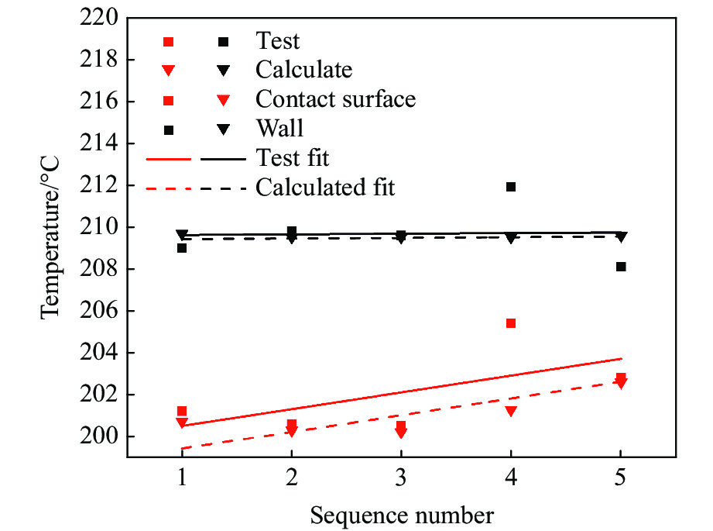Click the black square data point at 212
511,187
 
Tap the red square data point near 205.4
511,323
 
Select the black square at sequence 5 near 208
621,267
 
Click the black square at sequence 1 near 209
182,248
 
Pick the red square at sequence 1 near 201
182,411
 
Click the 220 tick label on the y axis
101,18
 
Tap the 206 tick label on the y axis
101,311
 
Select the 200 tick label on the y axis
101,436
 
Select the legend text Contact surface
335,99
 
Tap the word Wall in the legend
279,129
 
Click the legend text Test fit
293,158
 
